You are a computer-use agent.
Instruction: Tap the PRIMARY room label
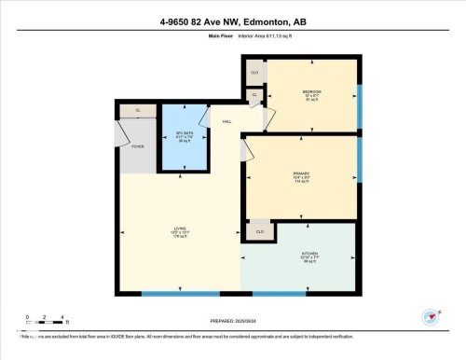click(x=300, y=173)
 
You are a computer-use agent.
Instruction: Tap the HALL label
click(x=226, y=121)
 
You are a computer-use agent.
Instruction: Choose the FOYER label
click(x=137, y=145)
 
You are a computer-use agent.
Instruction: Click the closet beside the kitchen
click(x=260, y=231)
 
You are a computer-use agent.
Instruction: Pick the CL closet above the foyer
click(x=138, y=110)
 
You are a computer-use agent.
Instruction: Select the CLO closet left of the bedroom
click(x=254, y=72)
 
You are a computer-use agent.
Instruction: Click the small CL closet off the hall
click(x=254, y=94)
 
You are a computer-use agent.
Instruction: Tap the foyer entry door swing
click(x=122, y=135)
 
